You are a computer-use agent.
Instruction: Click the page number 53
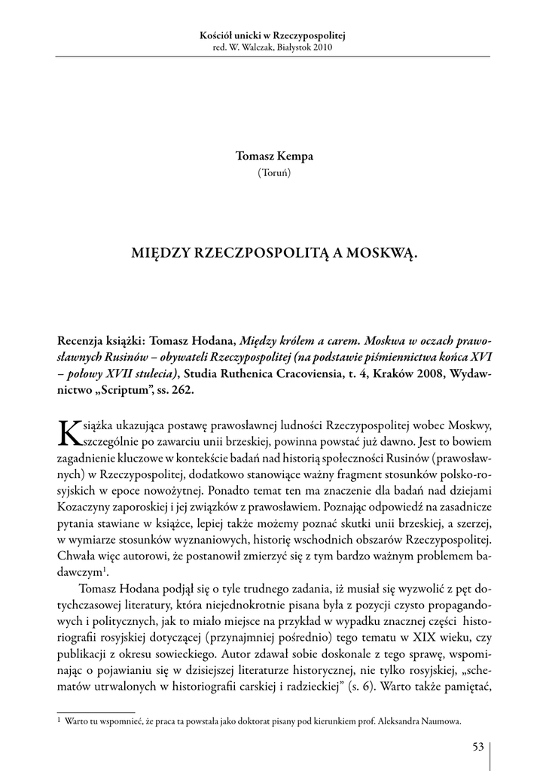click(x=477, y=747)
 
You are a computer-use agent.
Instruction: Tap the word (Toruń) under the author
click(x=271, y=172)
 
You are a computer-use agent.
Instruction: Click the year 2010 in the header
click(x=319, y=47)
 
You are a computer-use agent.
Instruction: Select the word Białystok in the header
click(x=286, y=47)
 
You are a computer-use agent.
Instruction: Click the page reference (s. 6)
click(x=361, y=687)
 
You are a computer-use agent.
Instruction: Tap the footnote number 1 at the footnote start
click(x=59, y=720)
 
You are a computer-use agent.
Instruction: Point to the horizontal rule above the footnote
click(x=96, y=710)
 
